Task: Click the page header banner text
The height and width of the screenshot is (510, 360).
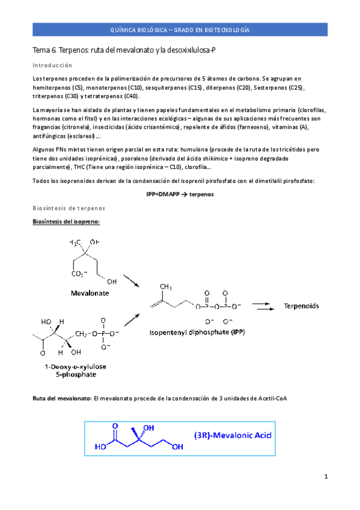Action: (180, 29)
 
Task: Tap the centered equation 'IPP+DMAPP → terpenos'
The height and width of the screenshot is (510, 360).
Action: (180, 194)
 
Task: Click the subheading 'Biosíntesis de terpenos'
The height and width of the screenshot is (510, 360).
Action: (69, 208)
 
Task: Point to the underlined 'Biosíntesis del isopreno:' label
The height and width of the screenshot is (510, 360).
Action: (66, 222)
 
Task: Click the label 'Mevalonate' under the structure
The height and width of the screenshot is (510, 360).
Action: (89, 293)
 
